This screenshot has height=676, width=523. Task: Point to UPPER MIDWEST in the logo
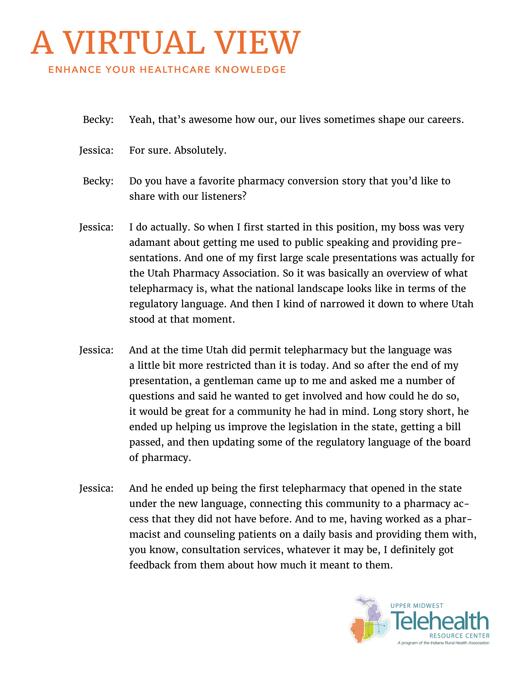(x=417, y=606)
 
